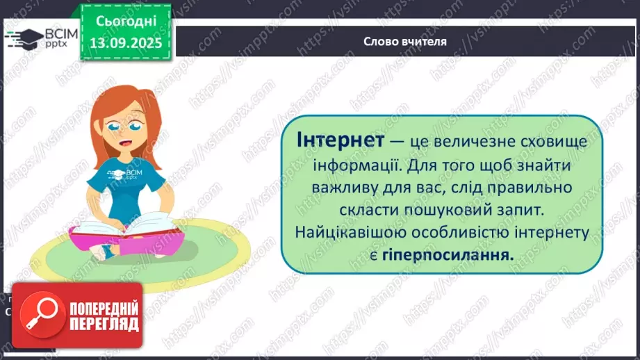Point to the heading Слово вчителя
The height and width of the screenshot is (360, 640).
click(404, 41)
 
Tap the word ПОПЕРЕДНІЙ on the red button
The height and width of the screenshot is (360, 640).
click(103, 309)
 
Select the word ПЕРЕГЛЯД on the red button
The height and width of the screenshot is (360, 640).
click(103, 324)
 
